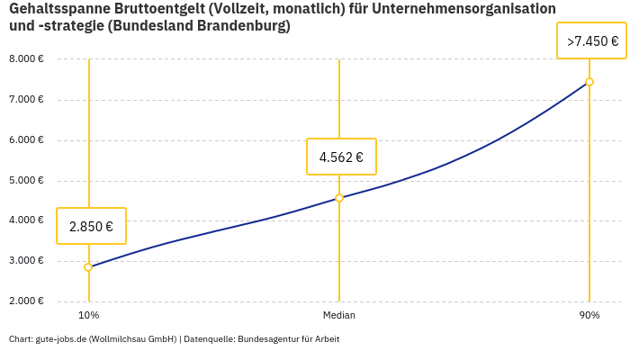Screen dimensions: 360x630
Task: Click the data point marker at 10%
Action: [x=88, y=267]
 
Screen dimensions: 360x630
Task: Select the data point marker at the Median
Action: [x=339, y=198]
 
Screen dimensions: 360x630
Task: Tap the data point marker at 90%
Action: [x=589, y=82]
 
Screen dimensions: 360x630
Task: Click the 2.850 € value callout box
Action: [x=91, y=226]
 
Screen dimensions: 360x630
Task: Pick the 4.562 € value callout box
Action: [x=341, y=157]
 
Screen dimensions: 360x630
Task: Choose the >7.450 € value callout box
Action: [x=591, y=41]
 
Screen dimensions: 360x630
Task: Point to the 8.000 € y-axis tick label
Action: [x=26, y=59]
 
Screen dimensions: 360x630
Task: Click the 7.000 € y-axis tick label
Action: [x=26, y=100]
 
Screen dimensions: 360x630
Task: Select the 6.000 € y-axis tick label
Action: [x=26, y=140]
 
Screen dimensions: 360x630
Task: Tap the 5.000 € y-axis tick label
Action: [x=26, y=181]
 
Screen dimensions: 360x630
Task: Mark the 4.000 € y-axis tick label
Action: [x=26, y=220]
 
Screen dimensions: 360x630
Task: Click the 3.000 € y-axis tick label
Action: [x=26, y=261]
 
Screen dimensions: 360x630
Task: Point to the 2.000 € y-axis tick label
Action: [x=26, y=301]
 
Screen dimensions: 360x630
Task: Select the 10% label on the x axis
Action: [x=88, y=316]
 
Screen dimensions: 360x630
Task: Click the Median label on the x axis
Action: [x=339, y=316]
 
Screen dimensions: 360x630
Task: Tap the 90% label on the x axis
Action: [x=589, y=316]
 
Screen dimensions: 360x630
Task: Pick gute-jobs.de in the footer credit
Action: [x=60, y=339]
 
